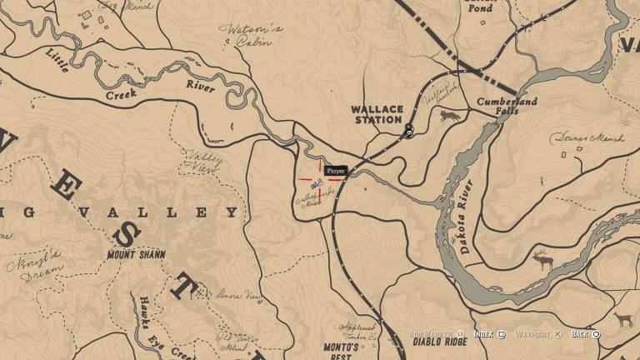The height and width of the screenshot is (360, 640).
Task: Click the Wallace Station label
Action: tap(377, 114)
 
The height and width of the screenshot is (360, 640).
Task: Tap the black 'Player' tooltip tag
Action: tap(336, 171)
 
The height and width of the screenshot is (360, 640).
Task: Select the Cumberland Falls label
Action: tap(507, 106)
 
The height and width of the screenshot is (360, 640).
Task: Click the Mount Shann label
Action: tap(136, 254)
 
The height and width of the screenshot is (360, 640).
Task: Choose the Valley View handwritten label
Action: tap(199, 160)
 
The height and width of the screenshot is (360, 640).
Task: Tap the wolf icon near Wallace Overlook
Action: tap(450, 113)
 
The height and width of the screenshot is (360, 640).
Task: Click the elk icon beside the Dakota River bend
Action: tap(542, 260)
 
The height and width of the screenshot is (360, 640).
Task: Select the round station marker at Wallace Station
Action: tap(409, 131)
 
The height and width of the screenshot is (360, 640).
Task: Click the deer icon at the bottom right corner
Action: tap(622, 320)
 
